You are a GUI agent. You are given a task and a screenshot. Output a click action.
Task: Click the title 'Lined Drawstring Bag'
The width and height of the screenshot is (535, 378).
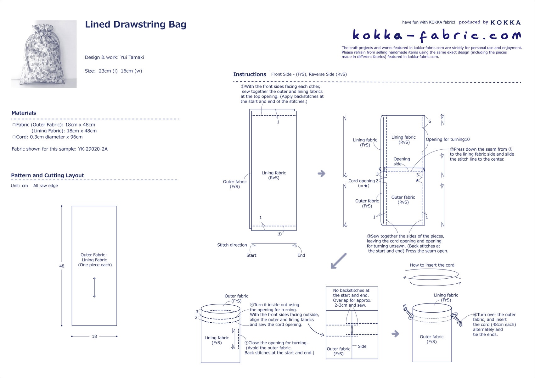[x=136, y=25]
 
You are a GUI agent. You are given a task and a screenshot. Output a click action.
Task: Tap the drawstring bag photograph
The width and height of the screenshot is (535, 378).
[x=44, y=54]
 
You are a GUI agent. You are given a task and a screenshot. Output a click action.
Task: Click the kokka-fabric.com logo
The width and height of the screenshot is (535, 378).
[x=436, y=35]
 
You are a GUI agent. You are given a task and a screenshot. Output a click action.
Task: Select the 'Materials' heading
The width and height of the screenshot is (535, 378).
[x=24, y=113]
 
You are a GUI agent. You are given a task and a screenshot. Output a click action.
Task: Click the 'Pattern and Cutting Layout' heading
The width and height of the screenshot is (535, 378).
[x=48, y=175]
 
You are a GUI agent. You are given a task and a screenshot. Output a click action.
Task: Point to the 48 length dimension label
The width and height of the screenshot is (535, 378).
[x=62, y=266]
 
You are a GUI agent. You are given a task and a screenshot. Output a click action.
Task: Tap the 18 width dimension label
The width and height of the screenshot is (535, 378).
[x=94, y=336]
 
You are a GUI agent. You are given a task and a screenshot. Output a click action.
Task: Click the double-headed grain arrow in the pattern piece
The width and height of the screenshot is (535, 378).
[x=94, y=287]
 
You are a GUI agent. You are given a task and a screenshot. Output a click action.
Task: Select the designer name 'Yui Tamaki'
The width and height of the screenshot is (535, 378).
[x=132, y=57]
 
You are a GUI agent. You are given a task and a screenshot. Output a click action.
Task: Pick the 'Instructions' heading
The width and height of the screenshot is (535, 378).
[x=250, y=75]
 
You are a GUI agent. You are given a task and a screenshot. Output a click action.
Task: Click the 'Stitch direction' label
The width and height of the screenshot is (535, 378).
[x=232, y=245]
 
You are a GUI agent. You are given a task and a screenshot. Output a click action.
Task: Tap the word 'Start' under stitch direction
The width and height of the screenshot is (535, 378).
[x=251, y=255]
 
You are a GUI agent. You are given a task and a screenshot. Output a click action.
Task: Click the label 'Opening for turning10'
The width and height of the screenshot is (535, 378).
[x=448, y=139]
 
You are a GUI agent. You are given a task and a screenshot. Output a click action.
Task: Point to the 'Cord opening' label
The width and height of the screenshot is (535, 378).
[x=361, y=181]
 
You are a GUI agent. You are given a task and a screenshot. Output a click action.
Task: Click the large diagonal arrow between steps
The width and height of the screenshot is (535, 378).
[x=339, y=261]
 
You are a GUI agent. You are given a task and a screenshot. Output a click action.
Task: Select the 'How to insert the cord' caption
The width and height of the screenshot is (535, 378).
[x=432, y=265]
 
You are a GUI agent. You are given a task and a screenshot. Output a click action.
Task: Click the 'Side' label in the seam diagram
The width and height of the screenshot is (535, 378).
[x=362, y=346]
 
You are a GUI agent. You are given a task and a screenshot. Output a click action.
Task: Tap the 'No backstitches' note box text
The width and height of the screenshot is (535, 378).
[x=352, y=298]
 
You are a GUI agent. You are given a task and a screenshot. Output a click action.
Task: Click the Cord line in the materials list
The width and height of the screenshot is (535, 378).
[x=49, y=137]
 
